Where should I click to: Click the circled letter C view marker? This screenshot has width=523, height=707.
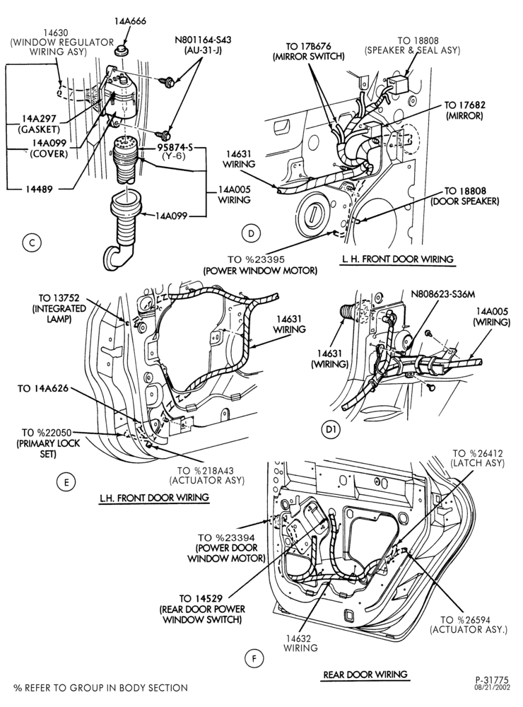coord(32,243)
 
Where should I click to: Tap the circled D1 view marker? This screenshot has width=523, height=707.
coord(331,430)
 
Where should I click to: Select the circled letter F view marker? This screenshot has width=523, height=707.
coord(254,659)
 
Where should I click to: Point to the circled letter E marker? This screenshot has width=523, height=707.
coord(66,482)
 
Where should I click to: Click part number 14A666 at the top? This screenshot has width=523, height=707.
coord(130,21)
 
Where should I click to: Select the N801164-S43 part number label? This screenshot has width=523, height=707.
coord(203,40)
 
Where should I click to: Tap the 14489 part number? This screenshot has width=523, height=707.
coord(39,189)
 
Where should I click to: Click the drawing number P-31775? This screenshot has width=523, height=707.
coord(491,679)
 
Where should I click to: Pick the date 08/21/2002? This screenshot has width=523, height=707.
coord(491,688)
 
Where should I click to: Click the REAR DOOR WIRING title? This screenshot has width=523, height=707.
coord(365,674)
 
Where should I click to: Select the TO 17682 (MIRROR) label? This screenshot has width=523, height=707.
coord(464,110)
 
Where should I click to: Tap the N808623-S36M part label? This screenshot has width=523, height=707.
coord(443,295)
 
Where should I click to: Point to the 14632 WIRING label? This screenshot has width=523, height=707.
coord(300,643)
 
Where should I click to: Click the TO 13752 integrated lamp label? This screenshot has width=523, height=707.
coord(59,308)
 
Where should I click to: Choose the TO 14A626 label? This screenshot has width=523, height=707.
coord(43,388)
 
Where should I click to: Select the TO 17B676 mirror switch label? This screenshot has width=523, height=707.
coord(309,51)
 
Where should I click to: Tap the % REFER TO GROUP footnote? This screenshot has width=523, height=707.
coord(100,688)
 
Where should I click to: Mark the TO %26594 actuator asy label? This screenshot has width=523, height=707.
coord(469,625)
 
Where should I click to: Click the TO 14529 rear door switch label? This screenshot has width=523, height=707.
coord(202,609)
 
